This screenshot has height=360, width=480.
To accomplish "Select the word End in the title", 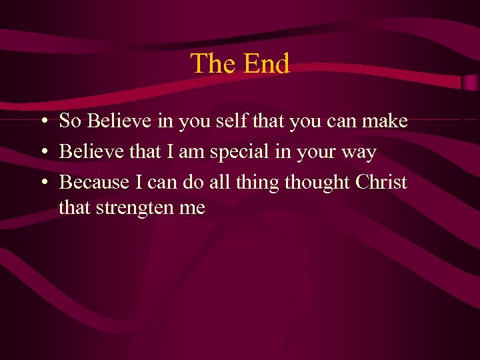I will (266, 64).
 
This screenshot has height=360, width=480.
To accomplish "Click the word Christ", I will (381, 182).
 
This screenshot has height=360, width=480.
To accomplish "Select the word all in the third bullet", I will (223, 182).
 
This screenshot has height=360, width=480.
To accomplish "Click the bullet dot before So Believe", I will (42, 122).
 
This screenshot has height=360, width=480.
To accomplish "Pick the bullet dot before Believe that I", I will (42, 153).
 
